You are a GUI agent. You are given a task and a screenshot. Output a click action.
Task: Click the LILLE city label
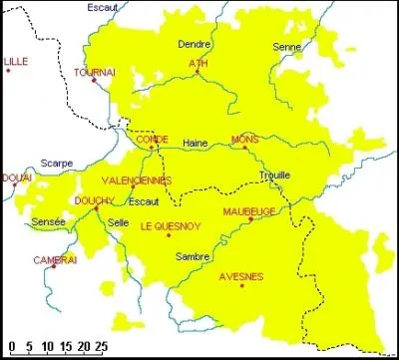click(15, 62)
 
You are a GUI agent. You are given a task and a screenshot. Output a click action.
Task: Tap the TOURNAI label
click(94, 73)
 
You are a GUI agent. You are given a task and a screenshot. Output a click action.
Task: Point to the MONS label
click(243, 139)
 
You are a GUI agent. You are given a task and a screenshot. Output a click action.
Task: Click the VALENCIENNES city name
click(137, 180)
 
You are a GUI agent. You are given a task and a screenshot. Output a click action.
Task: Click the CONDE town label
click(152, 139)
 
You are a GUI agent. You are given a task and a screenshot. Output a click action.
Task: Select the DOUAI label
click(16, 178)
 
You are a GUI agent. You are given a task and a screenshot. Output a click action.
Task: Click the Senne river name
click(285, 46)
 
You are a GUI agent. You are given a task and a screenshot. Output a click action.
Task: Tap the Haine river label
click(195, 144)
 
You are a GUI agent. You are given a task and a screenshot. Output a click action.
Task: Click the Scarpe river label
click(58, 161)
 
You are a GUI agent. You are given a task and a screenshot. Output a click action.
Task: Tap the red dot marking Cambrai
click(53, 268)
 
